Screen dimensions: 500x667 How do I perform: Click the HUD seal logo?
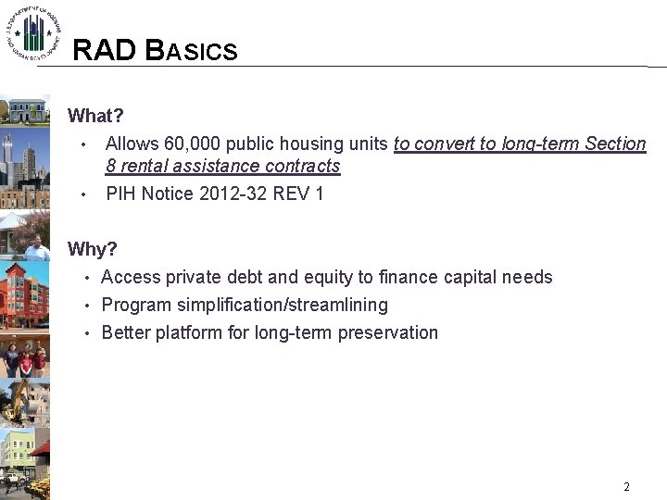pos(33,32)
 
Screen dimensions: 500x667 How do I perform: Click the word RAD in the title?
pos(105,50)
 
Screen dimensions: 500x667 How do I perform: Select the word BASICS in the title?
pos(192,50)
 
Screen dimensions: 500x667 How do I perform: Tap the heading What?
pos(95,117)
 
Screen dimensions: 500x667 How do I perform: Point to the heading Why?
pos(93,250)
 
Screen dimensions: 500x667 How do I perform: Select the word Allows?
pos(132,144)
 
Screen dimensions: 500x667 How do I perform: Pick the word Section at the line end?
pos(615,144)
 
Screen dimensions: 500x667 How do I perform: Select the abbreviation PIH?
pos(121,194)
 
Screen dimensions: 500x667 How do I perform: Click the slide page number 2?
pos(626,486)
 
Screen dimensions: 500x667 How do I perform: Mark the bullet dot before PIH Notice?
pos(83,195)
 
